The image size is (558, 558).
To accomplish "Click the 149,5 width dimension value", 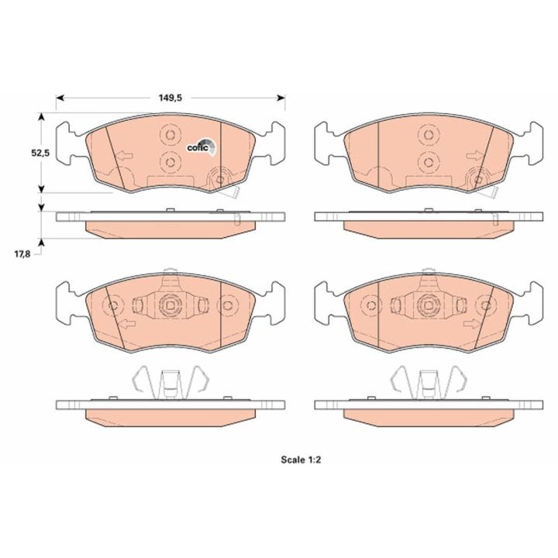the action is (170, 98).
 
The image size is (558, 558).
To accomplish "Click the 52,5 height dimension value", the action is (40, 153).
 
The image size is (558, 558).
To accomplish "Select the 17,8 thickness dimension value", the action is (22, 253).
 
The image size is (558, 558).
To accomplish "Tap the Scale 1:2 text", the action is (301, 460).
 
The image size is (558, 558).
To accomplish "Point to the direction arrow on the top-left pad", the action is (125, 156).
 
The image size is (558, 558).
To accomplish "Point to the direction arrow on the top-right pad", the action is (475, 156).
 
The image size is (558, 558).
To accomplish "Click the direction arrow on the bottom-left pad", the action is (127, 324).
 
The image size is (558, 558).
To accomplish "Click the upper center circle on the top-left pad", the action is (170, 135).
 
